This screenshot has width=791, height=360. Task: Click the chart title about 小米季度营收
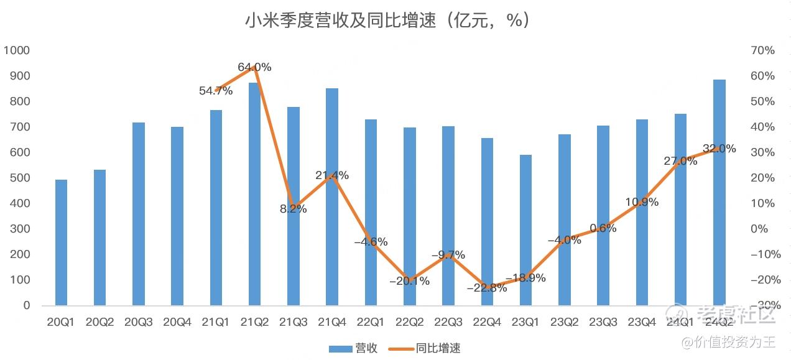click(x=387, y=21)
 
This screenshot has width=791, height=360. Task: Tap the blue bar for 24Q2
click(x=719, y=193)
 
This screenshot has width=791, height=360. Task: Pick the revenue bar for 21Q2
click(x=254, y=194)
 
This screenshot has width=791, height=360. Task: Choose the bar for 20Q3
click(x=138, y=214)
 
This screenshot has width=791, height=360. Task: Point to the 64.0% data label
click(x=254, y=67)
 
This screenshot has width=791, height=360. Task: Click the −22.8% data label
click(x=486, y=287)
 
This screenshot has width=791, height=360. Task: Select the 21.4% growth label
click(x=332, y=175)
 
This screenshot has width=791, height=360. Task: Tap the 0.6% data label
click(x=603, y=228)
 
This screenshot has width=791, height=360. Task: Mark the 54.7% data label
click(x=216, y=91)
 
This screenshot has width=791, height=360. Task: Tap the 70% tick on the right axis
click(x=762, y=50)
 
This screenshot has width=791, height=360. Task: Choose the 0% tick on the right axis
click(x=759, y=229)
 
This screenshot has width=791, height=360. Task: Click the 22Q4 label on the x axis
click(x=487, y=321)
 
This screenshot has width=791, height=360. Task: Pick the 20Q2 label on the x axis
click(x=99, y=321)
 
